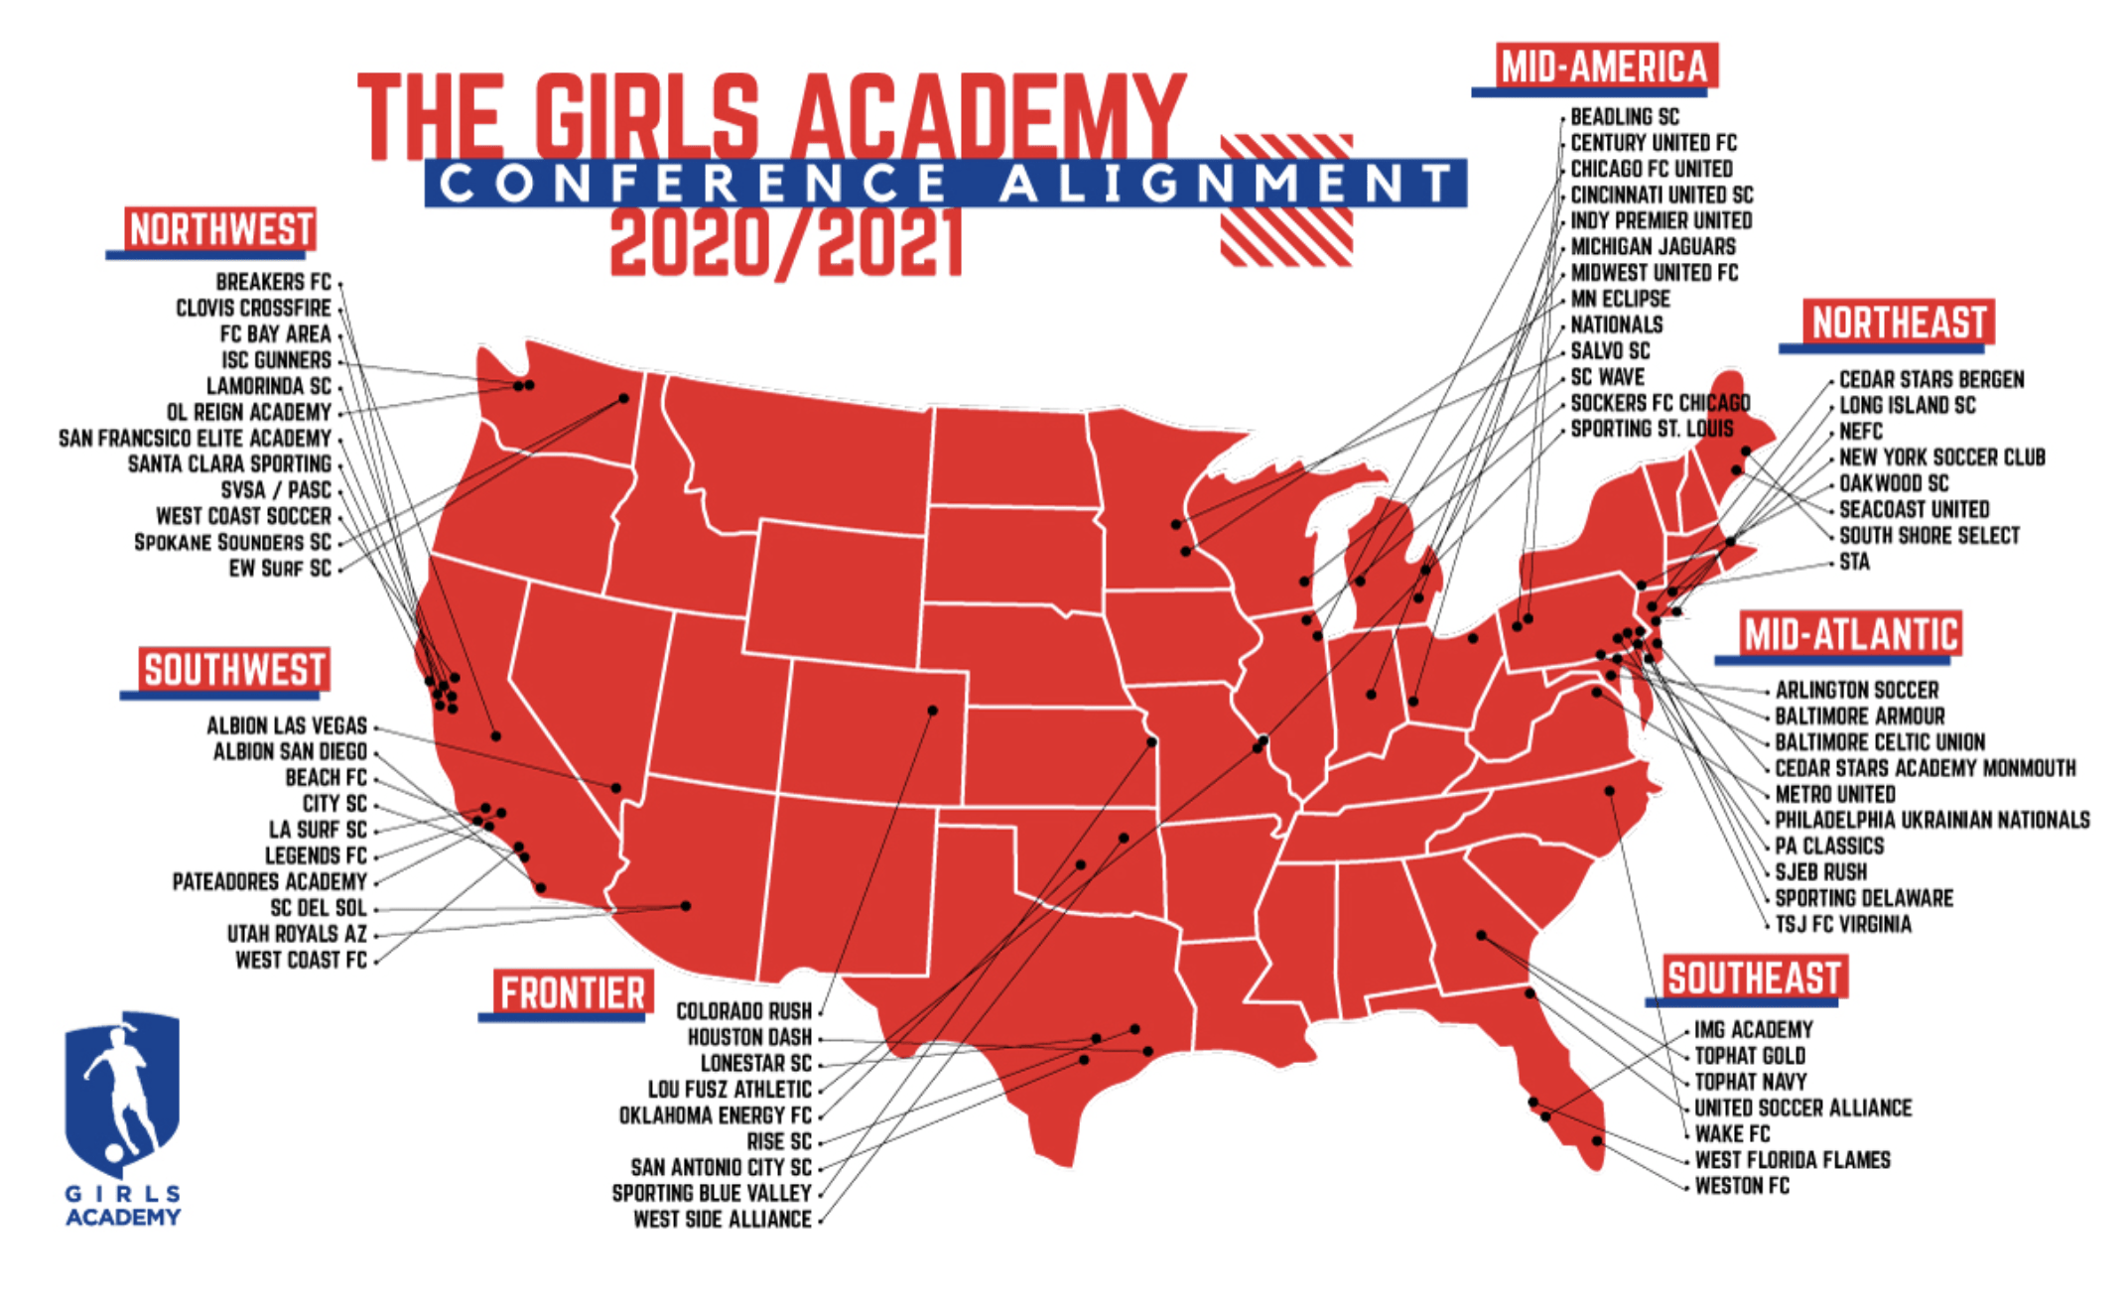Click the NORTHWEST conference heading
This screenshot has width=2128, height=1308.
pos(220,230)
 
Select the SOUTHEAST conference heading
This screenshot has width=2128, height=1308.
pos(1753,979)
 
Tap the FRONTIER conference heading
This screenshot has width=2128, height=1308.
pos(573,993)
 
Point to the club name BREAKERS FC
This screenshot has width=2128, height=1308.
pos(273,283)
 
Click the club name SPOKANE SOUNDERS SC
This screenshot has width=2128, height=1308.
pos(232,543)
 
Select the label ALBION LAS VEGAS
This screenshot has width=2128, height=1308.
pos(287,726)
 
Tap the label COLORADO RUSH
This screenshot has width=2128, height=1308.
pos(743,1011)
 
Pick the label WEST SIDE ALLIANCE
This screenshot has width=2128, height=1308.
pos(722,1220)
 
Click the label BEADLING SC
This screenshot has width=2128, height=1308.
pos(1625,117)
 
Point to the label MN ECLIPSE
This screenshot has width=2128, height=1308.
pos(1620,299)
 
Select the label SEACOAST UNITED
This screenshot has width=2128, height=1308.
pos(1914,510)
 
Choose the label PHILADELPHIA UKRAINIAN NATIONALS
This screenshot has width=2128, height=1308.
pos(1931,821)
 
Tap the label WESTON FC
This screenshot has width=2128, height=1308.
pos(1742,1186)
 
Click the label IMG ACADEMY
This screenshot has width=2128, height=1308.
pos(1753,1030)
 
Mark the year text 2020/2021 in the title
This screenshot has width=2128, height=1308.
pos(784,244)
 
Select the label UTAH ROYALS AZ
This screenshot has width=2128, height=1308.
pos(297,935)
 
